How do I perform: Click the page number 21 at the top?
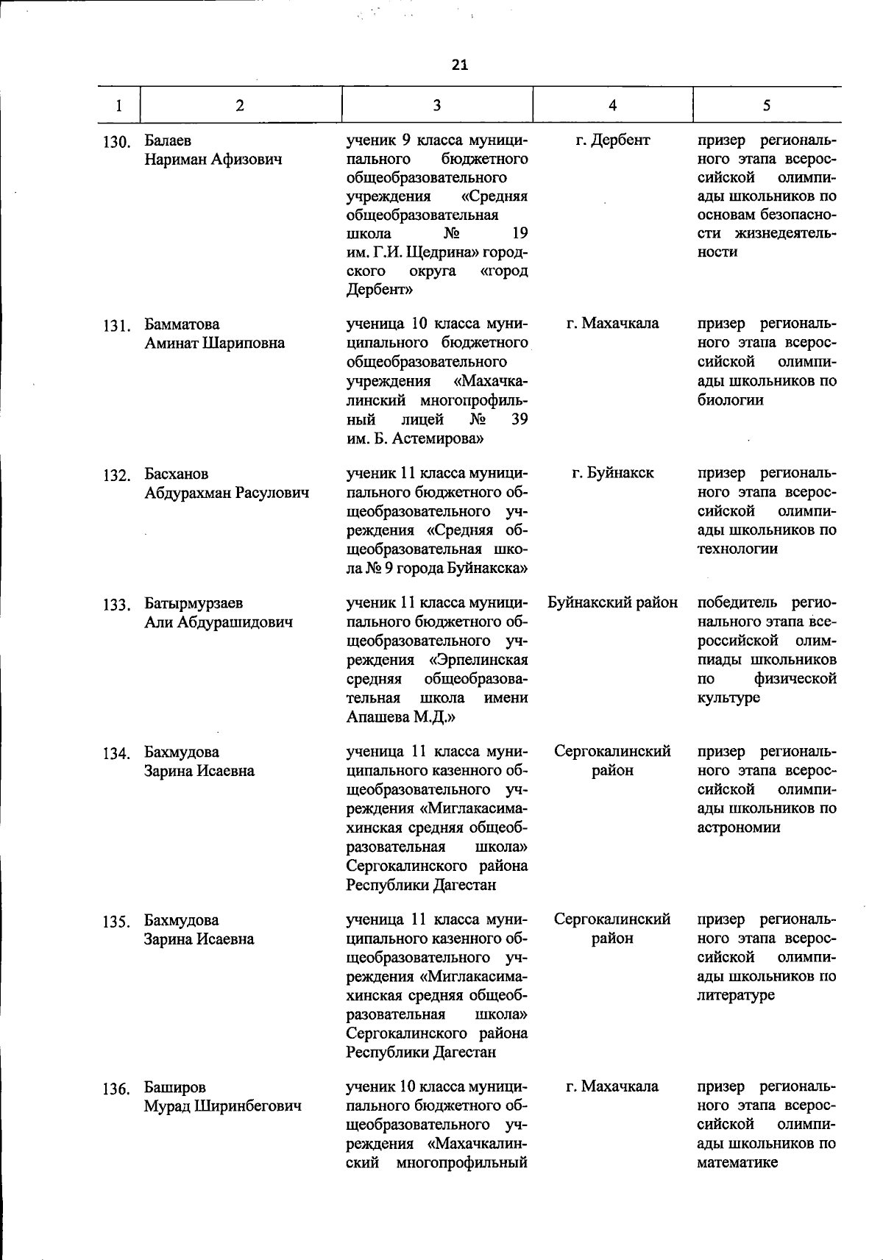tap(459, 65)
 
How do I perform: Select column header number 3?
tap(436, 105)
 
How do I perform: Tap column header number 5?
tap(766, 105)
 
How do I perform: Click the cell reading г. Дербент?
tap(612, 140)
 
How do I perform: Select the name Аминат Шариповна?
tap(214, 344)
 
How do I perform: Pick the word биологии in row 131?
tap(730, 400)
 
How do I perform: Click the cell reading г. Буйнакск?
tap(612, 473)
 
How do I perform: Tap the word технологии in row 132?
tap(737, 549)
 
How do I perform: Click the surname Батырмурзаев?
tap(194, 603)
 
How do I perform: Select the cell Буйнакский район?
tap(612, 603)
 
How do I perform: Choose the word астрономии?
tap(738, 827)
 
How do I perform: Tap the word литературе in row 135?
tap(736, 995)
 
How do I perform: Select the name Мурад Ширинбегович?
tap(222, 1106)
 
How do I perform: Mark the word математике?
tap(737, 1163)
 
